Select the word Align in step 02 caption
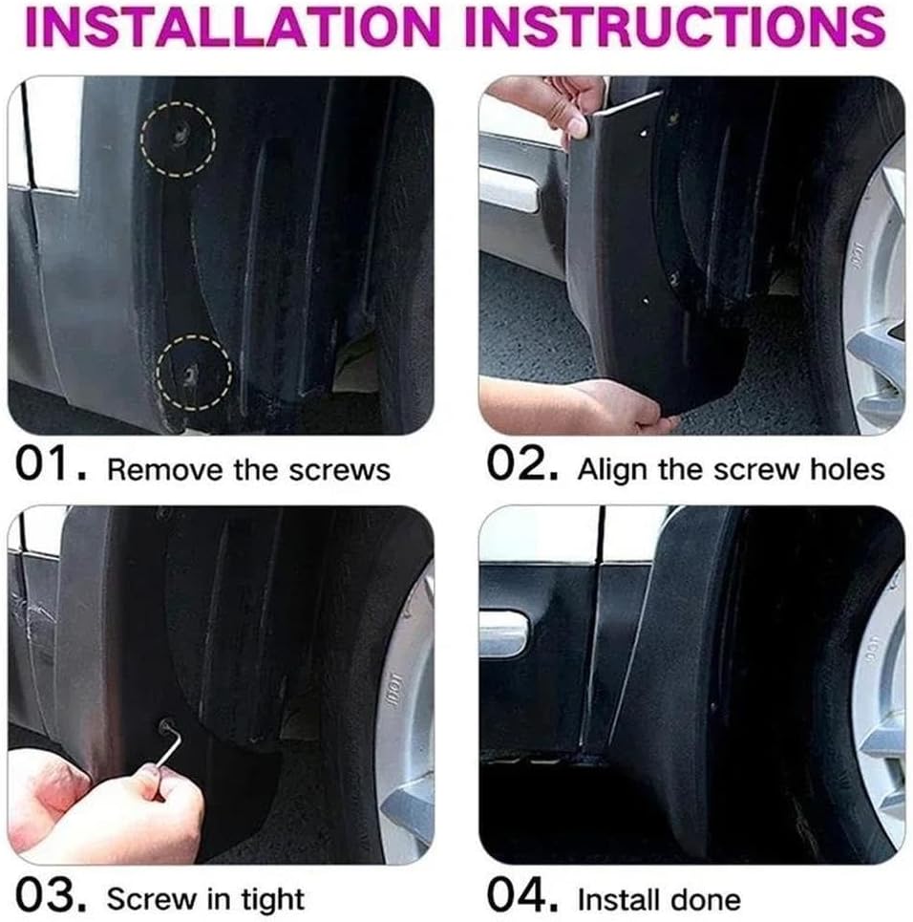pos(611,469)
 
